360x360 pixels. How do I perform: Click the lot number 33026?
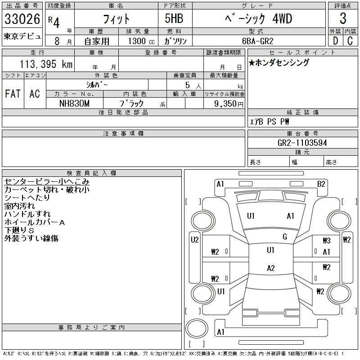pyautogui.click(x=22, y=19)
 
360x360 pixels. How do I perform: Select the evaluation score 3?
pyautogui.click(x=343, y=19)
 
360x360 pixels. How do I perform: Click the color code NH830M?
pyautogui.click(x=75, y=103)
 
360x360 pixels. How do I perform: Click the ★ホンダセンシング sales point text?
pyautogui.click(x=279, y=63)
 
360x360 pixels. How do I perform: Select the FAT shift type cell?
pyautogui.click(x=13, y=94)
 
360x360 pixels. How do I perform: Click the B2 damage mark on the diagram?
pyautogui.click(x=321, y=184)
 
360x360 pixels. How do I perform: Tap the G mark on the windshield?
pyautogui.click(x=284, y=237)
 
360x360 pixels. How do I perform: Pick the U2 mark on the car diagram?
pyautogui.click(x=194, y=240)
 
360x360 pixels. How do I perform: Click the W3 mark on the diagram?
pyautogui.click(x=326, y=241)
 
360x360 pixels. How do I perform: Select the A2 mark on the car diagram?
pyautogui.click(x=270, y=268)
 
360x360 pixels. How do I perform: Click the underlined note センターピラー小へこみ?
pyautogui.click(x=47, y=182)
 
